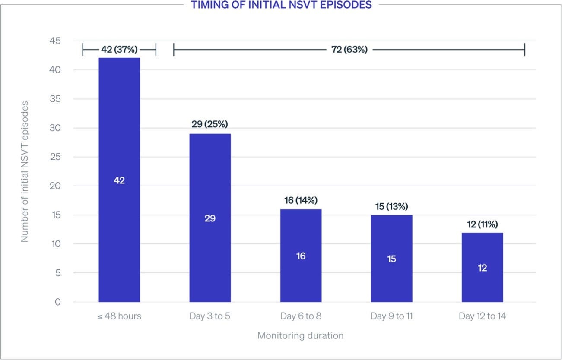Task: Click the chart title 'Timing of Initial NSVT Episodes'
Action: point(281,6)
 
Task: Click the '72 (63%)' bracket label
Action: point(349,50)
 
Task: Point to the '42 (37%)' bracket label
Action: point(119,50)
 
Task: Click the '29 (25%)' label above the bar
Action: point(210,124)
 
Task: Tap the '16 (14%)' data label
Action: point(301,200)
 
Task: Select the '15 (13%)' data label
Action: point(391,206)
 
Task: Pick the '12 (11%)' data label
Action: point(482,224)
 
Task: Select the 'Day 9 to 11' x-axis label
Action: point(391,316)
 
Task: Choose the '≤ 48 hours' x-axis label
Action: point(119,316)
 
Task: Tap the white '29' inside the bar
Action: point(210,218)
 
